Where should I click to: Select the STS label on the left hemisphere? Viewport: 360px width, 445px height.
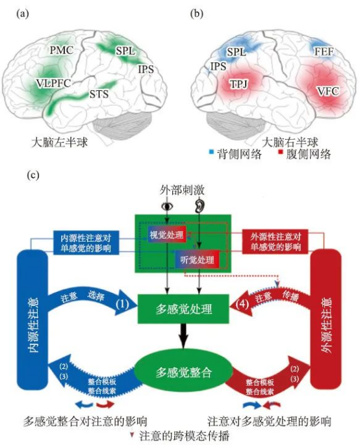click(99, 95)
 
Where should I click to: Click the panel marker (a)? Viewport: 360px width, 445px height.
click(12, 12)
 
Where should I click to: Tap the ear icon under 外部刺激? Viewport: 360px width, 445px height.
click(198, 206)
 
